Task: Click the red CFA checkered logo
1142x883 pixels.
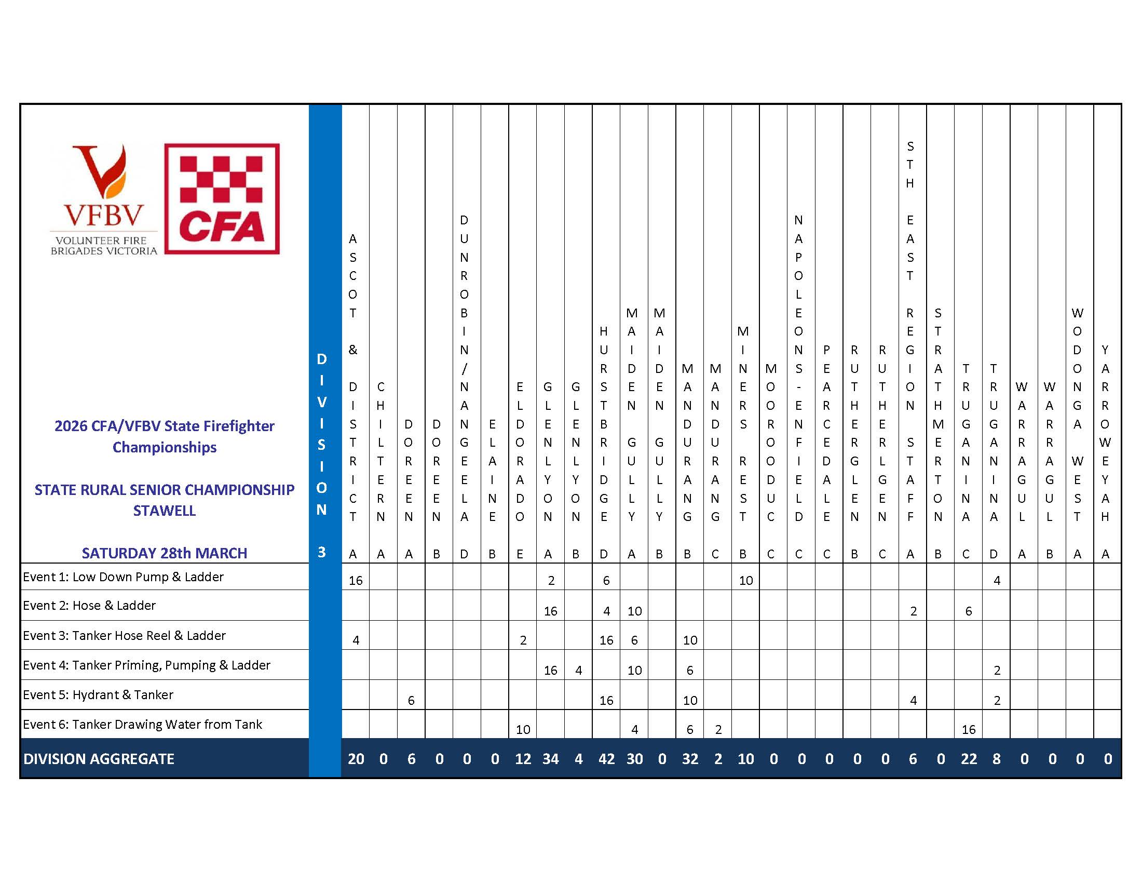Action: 222,199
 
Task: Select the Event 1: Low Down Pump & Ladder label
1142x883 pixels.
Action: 123,577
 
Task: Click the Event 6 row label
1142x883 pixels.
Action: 142,725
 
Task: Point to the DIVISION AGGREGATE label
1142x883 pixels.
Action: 99,759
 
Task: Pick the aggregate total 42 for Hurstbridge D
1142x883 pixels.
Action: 606,759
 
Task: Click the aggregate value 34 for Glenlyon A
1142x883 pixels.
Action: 551,759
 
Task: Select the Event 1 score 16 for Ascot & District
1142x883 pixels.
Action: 356,581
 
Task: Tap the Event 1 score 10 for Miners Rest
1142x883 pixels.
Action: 745,581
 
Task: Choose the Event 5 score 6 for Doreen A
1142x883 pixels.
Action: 411,701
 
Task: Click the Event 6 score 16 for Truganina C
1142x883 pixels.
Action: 969,730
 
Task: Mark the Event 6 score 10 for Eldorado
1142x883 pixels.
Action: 523,730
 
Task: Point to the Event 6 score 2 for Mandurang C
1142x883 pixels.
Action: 718,730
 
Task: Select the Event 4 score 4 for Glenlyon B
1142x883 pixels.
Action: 578,671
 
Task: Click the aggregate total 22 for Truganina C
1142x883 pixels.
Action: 969,759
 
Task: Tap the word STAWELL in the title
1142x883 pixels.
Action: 164,511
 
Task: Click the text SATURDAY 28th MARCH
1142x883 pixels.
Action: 164,553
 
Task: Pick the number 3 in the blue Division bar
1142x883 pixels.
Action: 322,552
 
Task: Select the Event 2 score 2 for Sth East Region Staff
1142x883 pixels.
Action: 913,611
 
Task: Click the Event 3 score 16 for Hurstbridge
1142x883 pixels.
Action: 606,640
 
